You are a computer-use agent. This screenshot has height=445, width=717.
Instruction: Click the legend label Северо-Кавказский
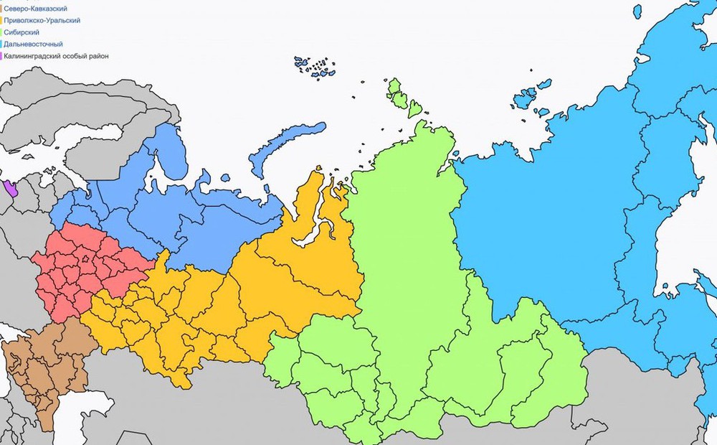coord(35,9)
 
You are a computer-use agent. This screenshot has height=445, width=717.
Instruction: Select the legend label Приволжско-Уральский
coord(42,20)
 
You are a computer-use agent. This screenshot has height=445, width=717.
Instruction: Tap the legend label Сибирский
coord(21,32)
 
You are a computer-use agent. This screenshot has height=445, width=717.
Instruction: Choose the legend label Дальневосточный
coord(33,44)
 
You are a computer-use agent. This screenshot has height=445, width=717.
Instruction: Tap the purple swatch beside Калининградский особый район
coord(1,56)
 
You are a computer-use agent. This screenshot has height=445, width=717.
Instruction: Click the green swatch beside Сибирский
coord(1,32)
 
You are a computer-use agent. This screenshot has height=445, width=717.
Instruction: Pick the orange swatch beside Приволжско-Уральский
coord(1,20)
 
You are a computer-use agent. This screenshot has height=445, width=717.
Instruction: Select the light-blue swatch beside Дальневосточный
coord(1,44)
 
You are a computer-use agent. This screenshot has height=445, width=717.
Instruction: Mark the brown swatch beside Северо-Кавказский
coord(1,9)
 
